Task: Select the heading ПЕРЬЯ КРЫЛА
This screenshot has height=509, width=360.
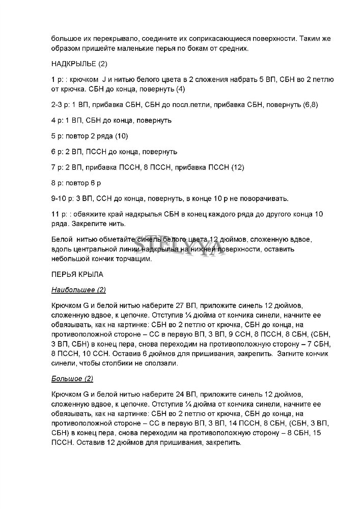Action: tap(77, 274)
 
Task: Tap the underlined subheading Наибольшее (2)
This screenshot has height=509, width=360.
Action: tap(78, 290)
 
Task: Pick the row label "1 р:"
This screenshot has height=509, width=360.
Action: tap(59, 80)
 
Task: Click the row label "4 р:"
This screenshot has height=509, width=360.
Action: tap(59, 121)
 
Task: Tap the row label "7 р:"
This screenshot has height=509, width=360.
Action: tap(59, 167)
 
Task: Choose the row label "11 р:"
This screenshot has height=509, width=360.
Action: tap(60, 214)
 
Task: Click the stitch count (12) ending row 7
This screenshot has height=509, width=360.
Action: tap(238, 167)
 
